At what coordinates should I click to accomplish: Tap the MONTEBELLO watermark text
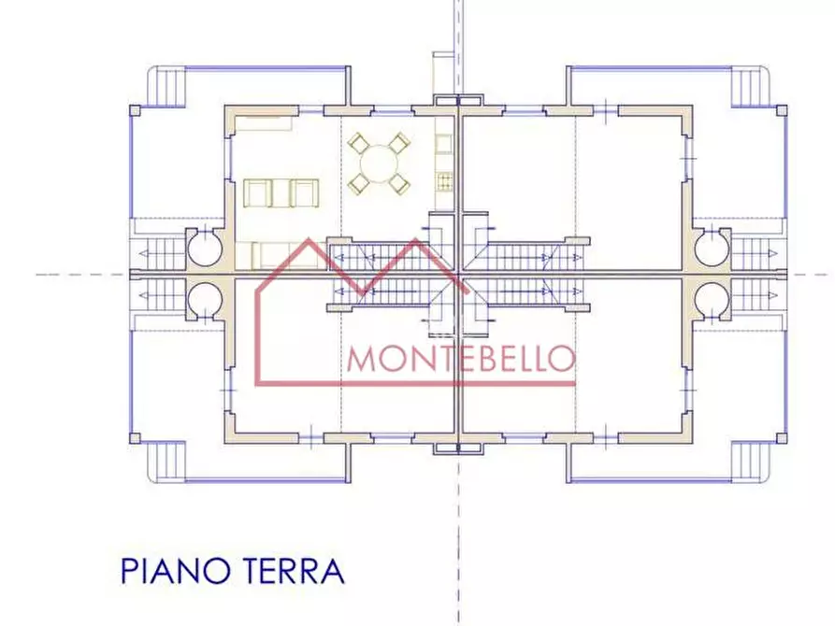(460, 358)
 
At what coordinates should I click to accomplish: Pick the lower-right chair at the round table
(400, 183)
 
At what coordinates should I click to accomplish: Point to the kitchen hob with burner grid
(444, 179)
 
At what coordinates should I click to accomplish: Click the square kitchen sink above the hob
(444, 143)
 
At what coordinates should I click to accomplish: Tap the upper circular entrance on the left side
(204, 249)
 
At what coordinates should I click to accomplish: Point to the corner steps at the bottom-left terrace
(169, 460)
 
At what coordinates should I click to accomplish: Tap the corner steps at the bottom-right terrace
(747, 460)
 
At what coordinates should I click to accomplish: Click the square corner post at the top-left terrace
(136, 109)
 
